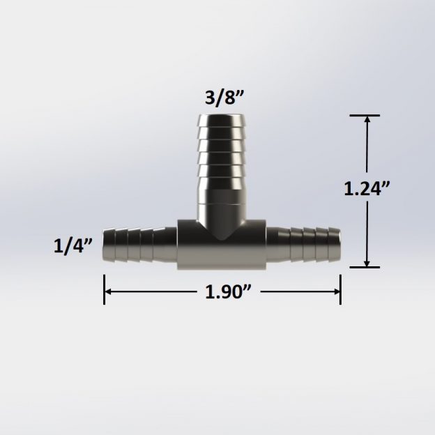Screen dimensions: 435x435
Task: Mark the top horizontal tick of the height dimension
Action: (366, 115)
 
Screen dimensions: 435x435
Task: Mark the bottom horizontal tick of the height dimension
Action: (366, 267)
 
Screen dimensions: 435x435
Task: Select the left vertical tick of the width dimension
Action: (105, 289)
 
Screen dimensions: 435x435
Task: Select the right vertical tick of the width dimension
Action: (340, 289)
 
